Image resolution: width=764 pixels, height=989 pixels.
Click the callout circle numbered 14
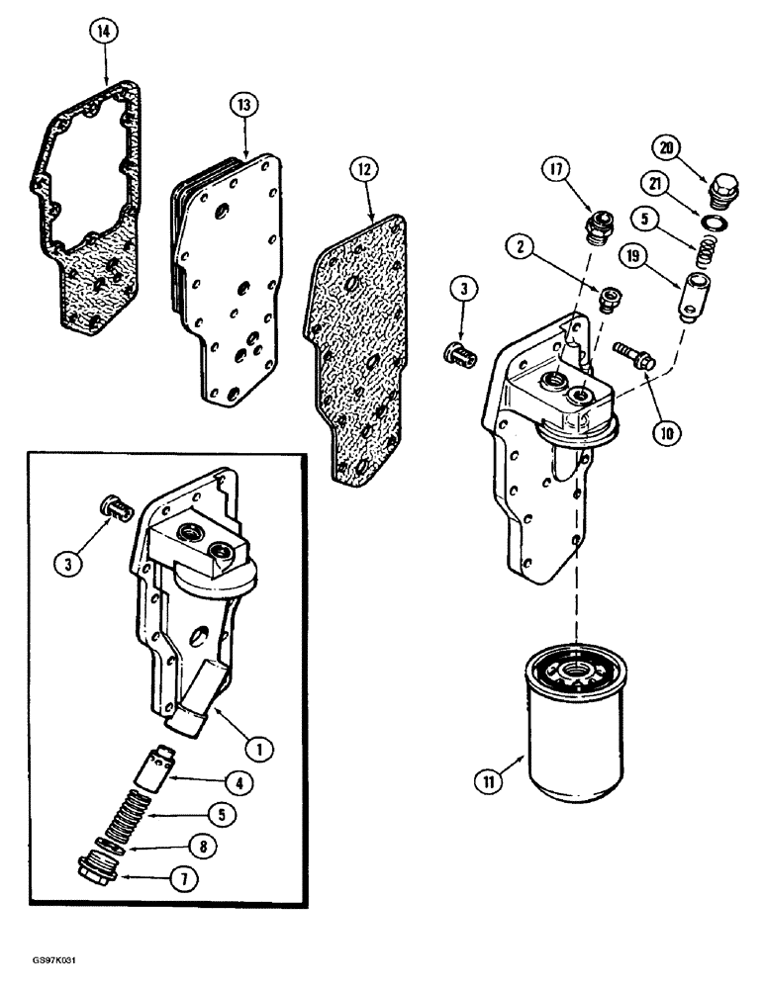103,32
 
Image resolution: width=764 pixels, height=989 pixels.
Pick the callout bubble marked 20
667,147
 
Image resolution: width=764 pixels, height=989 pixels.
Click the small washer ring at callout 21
716,220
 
